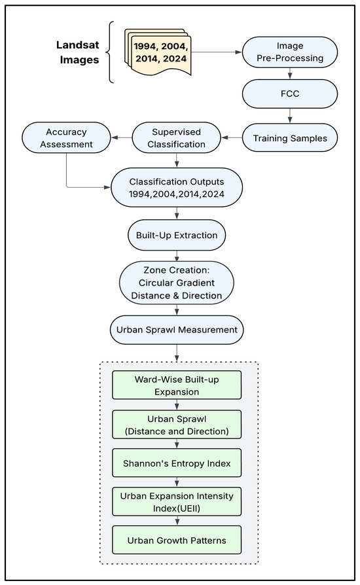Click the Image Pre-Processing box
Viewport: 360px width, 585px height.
(290, 52)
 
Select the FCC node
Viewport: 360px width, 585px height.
(290, 94)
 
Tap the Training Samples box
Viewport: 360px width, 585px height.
(290, 138)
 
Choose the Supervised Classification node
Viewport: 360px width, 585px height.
(177, 137)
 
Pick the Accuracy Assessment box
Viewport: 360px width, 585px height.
(66, 137)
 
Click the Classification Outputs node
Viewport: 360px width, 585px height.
(177, 188)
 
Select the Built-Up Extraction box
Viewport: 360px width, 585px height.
(177, 235)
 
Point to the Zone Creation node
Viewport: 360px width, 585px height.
(177, 283)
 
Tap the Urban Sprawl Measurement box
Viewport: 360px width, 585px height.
(177, 330)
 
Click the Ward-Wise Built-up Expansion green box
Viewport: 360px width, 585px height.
(177, 385)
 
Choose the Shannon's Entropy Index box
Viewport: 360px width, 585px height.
(177, 463)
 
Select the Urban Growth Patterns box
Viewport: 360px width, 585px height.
(177, 541)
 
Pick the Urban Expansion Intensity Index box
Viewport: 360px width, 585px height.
(177, 502)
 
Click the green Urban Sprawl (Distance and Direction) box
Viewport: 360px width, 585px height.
(177, 425)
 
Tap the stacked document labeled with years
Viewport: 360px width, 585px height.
(158, 52)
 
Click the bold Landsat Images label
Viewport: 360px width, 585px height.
(78, 52)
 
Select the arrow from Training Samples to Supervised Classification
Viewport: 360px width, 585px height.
(232, 137)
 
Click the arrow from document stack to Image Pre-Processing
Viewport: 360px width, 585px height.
(217, 52)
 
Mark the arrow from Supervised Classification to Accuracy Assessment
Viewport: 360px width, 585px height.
(122, 137)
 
